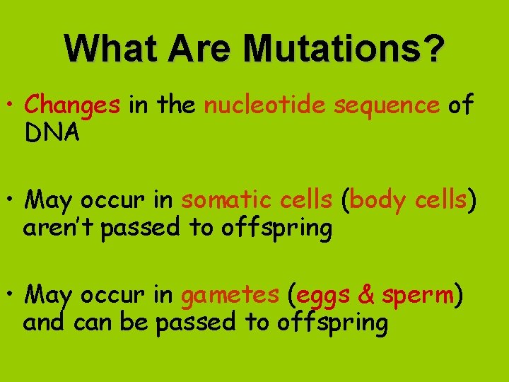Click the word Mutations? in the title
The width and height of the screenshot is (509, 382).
[x=344, y=49]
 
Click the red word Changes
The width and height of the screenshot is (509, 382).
[x=72, y=105]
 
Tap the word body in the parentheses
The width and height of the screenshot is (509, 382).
[x=375, y=200]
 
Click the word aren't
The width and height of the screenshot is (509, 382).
[x=59, y=228]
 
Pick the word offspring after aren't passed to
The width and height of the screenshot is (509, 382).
[x=276, y=228]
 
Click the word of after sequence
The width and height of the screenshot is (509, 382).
[x=460, y=105]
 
